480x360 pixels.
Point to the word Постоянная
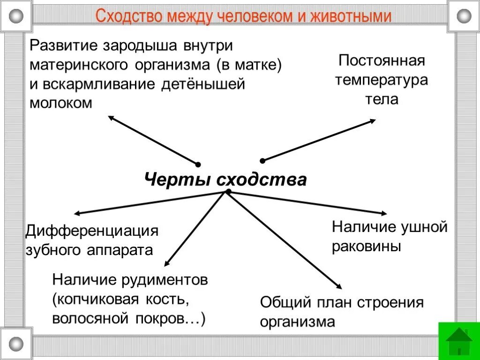coord(382,60)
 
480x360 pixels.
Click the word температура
coord(382,80)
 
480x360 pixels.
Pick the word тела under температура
coord(382,99)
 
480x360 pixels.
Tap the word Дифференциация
coord(92,231)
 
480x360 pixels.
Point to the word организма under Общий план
coord(298,322)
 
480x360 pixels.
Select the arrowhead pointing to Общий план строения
coord(338,286)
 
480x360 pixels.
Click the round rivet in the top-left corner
coord(16,16)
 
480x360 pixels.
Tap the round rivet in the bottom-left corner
coord(16,344)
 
